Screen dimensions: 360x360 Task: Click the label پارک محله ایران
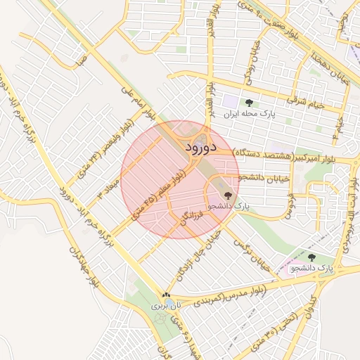coord(250,113)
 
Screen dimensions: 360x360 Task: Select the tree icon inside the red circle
coord(227,195)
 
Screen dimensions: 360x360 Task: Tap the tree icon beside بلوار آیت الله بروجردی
coord(311,257)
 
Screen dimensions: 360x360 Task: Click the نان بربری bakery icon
coord(166,296)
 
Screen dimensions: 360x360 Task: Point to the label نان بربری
coord(166,307)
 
